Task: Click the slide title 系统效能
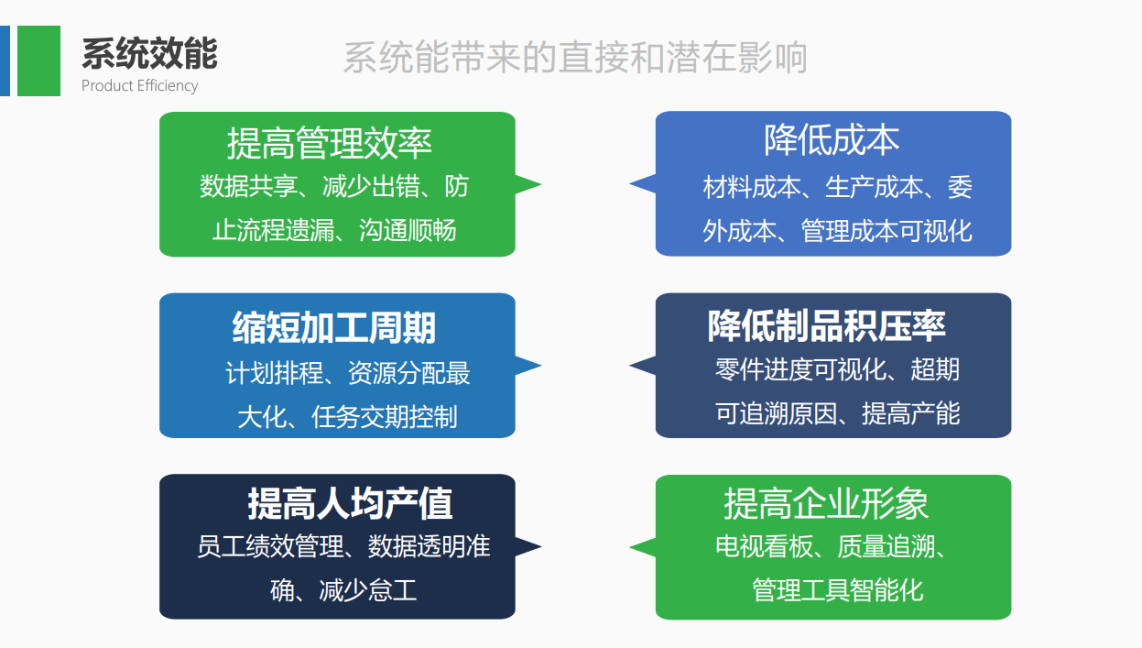click(149, 54)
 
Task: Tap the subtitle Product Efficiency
click(139, 86)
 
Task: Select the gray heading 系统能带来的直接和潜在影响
click(574, 58)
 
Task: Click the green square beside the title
click(38, 60)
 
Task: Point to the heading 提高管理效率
click(329, 144)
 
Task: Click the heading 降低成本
click(832, 140)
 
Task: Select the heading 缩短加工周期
click(333, 327)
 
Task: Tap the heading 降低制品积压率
click(826, 325)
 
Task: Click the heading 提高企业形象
click(826, 503)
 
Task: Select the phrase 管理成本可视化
click(886, 230)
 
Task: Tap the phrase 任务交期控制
click(384, 417)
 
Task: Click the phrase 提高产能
click(910, 413)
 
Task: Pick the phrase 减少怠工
click(368, 589)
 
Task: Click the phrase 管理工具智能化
click(837, 589)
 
